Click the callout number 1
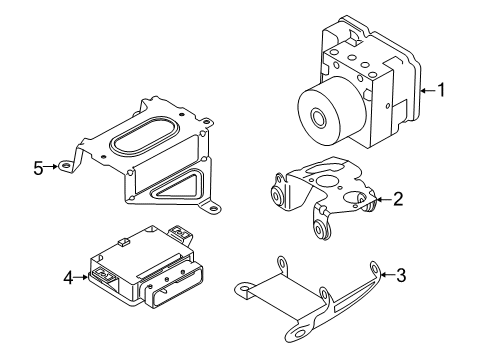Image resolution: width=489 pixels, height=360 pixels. coord(441,90)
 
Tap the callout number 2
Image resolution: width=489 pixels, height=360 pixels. coord(398,199)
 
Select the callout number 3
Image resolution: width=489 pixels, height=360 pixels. coord(401,275)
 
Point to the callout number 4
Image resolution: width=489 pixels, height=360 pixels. coord(68,277)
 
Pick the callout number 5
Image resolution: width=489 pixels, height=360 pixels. coord(38,168)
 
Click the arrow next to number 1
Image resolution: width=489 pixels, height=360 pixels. coord(428,90)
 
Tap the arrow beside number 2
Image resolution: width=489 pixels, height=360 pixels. coord(383,199)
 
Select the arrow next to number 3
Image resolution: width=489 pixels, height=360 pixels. coord(387,275)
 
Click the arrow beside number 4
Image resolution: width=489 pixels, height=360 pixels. coord(82,277)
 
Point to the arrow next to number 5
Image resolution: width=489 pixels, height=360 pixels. coord(51,166)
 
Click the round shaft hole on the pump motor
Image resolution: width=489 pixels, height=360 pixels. coord(319,118)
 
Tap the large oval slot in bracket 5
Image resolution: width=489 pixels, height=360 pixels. coord(145,136)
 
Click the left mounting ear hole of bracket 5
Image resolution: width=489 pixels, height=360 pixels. coord(65,165)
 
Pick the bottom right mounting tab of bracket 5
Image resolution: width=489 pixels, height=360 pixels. coord(212,208)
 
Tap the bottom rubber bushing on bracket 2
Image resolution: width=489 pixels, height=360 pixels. coord(322,230)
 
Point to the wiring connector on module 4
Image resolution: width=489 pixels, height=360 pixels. coord(174,284)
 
